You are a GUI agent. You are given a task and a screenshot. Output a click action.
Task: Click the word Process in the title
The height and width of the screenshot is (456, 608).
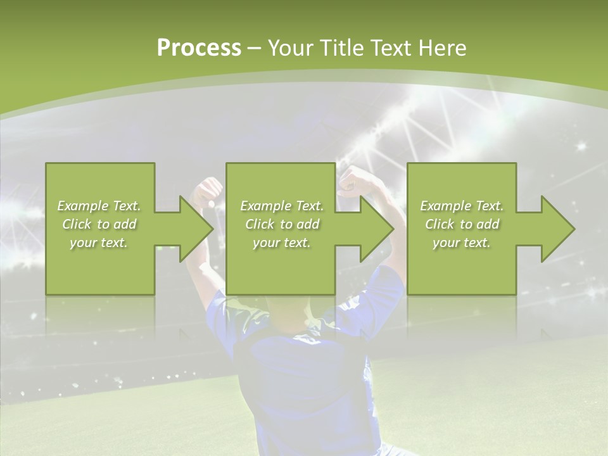tap(199, 48)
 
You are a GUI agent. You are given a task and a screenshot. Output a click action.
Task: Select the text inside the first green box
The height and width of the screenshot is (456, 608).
tap(99, 224)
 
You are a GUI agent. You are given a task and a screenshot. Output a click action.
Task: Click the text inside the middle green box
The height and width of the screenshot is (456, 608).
tap(282, 224)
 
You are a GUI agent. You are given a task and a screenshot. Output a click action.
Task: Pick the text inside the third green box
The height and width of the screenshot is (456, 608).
tap(462, 224)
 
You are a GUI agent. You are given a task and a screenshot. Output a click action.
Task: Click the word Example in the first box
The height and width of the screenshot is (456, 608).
tap(82, 206)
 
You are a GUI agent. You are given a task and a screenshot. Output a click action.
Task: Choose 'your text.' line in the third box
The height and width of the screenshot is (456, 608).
tap(462, 243)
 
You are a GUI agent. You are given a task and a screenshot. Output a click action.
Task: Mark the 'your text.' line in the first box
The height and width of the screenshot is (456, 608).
tap(99, 243)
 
